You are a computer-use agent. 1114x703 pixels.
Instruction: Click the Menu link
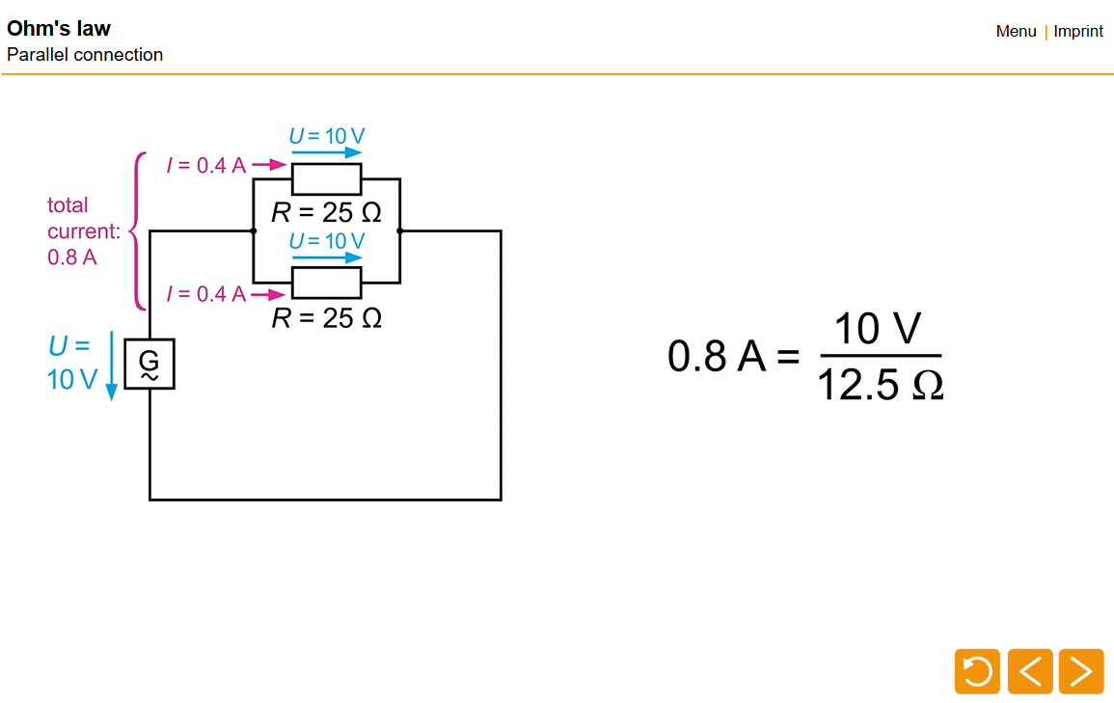[1016, 31]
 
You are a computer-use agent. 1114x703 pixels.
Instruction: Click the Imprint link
[1077, 31]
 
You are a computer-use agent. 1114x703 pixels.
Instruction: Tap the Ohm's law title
[58, 28]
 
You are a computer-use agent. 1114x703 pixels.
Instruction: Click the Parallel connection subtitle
[85, 55]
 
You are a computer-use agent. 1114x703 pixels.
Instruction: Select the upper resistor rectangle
[326, 179]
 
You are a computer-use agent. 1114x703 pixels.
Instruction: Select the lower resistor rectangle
[326, 284]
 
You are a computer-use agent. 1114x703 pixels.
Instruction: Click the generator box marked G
[149, 364]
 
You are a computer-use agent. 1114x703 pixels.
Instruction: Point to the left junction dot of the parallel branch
[253, 231]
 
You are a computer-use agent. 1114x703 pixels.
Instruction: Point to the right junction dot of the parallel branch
[399, 231]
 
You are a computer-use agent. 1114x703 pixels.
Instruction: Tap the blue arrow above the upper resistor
[326, 152]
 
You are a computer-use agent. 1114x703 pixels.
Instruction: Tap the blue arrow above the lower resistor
[326, 257]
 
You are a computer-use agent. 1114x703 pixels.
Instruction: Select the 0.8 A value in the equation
[716, 357]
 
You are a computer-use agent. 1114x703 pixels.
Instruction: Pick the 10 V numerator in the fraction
[878, 329]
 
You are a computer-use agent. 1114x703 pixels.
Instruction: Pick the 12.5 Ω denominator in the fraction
[879, 386]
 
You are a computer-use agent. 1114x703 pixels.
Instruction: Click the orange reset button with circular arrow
[977, 671]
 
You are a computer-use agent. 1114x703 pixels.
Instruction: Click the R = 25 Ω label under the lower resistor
[326, 318]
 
